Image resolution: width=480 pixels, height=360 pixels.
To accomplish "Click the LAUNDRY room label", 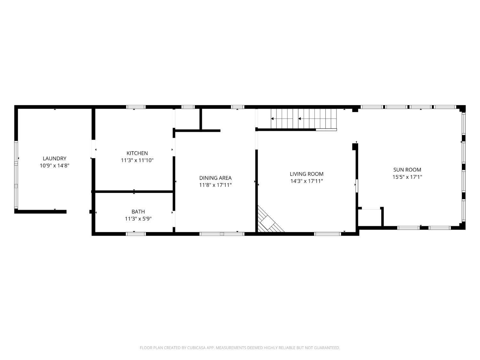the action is [54, 158].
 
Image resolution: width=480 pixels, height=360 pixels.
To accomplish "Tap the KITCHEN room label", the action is [137, 153].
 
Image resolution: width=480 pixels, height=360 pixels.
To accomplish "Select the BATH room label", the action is [138, 212].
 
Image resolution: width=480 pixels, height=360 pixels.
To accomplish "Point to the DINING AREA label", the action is [215, 178].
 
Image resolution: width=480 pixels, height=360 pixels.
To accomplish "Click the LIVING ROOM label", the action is [307, 174].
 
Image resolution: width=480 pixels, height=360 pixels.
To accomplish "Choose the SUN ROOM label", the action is [407, 170].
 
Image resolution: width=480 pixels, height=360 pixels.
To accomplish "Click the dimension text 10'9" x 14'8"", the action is [54, 166].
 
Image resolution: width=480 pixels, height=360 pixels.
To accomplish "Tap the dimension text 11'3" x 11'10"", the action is [137, 160].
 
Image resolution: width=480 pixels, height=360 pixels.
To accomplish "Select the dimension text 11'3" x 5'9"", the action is [138, 219].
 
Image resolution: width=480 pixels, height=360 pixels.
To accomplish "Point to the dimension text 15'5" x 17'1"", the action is [407, 177].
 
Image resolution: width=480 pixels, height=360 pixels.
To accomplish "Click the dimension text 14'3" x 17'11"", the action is [307, 181].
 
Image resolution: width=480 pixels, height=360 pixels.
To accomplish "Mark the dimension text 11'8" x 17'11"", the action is [215, 185].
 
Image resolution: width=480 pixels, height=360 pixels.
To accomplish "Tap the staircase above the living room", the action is [304, 119].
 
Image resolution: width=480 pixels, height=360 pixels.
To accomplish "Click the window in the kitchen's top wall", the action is [136, 107].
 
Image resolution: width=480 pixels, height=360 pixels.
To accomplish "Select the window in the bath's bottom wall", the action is [136, 234].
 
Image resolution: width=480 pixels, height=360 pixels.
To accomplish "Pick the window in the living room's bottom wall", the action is [328, 234].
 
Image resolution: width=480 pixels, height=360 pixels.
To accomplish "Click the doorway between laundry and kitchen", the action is [93, 149].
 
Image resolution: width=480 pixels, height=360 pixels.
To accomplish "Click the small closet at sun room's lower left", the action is [370, 218].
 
